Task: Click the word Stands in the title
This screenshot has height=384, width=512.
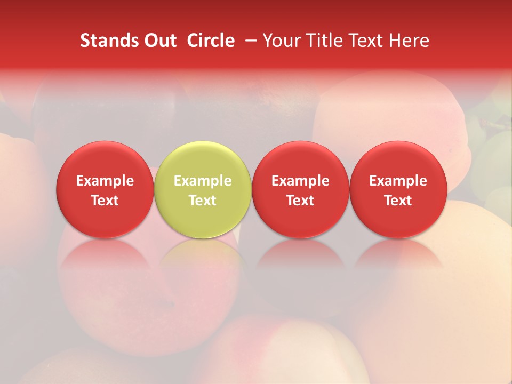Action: (x=105, y=41)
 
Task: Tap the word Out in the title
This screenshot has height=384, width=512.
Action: (x=159, y=41)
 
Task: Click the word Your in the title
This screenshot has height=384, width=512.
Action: (x=281, y=41)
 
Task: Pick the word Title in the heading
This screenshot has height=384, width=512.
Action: (x=322, y=41)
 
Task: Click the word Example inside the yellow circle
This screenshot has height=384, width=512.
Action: (x=203, y=181)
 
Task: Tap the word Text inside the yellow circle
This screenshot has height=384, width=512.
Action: (x=203, y=201)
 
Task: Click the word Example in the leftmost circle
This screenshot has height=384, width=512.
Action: (x=105, y=181)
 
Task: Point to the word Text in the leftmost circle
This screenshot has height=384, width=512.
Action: (x=105, y=201)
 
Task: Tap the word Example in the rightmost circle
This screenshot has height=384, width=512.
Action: (x=398, y=181)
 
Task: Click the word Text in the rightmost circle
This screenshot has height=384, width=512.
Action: (x=398, y=201)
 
